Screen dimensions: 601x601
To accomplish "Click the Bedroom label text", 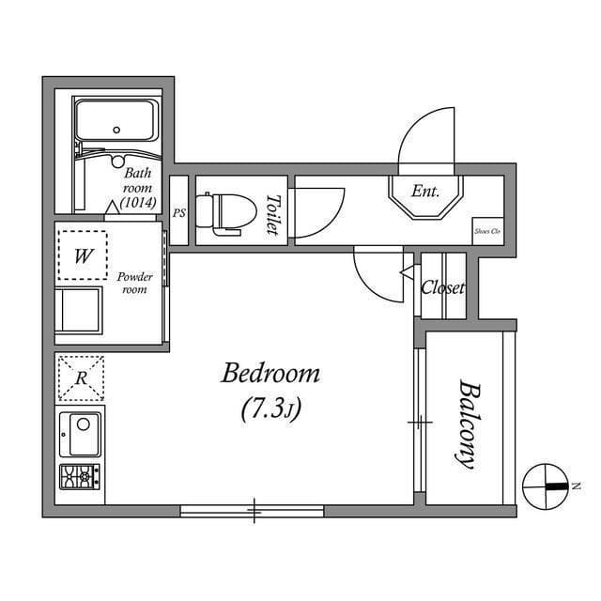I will tap(270, 374).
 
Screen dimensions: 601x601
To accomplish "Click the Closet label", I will tap(442, 288).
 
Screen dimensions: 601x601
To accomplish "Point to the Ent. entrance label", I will tap(425, 192).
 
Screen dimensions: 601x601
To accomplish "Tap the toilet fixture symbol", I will tap(225, 211).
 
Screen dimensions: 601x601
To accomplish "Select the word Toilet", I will tap(272, 211).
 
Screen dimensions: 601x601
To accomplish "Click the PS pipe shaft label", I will tap(178, 213).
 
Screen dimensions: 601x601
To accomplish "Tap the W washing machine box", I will tap(83, 254).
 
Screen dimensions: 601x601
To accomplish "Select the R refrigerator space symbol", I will tap(82, 378).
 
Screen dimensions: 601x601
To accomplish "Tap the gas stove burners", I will tap(79, 477).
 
